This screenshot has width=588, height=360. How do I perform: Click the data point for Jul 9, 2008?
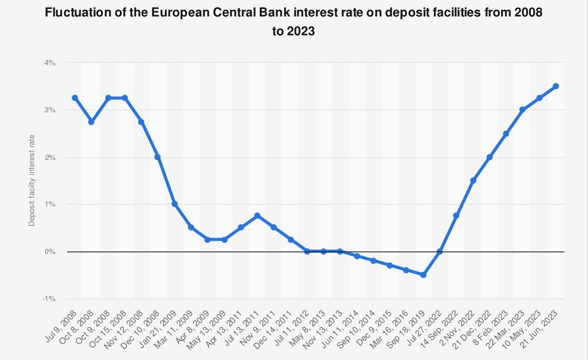[75, 98]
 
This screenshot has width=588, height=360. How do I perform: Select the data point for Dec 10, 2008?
[158, 157]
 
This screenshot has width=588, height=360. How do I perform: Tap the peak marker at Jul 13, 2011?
[257, 216]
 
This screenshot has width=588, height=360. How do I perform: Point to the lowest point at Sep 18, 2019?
[423, 275]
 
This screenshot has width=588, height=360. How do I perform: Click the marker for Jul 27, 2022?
[440, 251]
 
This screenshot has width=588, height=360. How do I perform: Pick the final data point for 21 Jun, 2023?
[556, 86]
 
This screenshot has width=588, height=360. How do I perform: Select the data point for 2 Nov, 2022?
[473, 181]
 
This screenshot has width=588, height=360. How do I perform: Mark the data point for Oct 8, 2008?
[91, 122]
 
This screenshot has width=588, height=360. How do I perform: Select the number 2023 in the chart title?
[301, 32]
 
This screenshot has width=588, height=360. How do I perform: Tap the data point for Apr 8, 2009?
[208, 239]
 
